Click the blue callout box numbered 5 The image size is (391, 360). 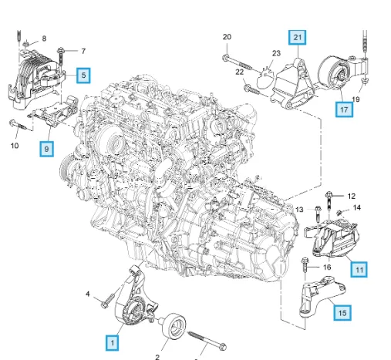pos(83,76)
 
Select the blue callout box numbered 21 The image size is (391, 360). pos(297,38)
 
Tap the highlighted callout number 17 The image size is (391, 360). pos(344,109)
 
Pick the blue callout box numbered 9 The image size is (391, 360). pos(46,149)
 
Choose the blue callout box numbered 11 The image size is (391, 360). pos(359,270)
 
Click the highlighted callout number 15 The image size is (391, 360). pos(342,313)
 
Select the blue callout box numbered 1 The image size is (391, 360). pos(112,343)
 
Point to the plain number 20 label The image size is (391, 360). pos(227,37)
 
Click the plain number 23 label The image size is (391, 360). pos(276,53)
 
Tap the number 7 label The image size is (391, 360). pos(83,52)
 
